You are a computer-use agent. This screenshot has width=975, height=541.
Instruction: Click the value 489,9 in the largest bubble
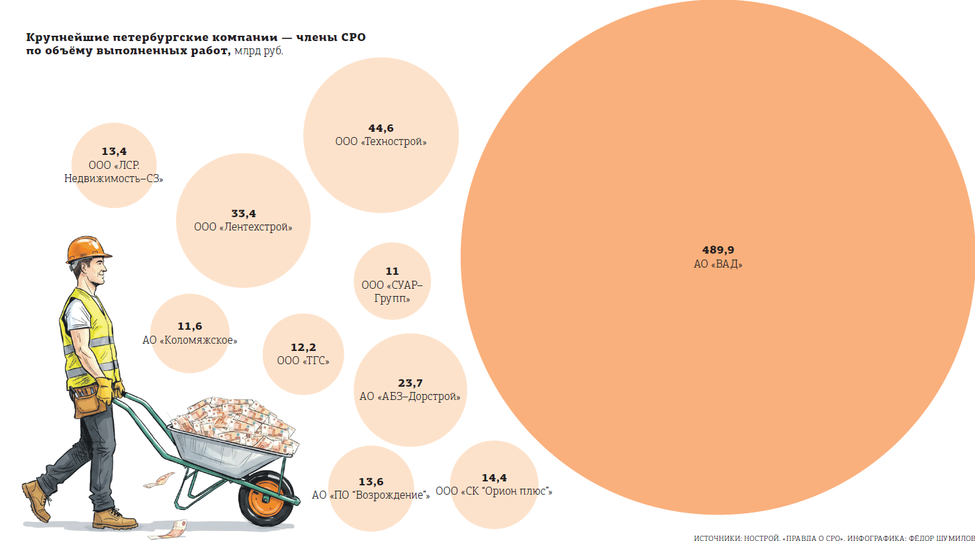[718, 250]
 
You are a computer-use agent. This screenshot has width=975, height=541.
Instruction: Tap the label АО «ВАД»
[718, 264]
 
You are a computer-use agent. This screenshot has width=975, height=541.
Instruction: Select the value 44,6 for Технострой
[381, 128]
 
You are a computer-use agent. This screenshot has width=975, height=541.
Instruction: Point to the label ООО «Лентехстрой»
[243, 227]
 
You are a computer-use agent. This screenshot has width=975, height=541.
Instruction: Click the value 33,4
[243, 214]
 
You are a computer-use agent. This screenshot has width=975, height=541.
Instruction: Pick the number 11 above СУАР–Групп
[392, 271]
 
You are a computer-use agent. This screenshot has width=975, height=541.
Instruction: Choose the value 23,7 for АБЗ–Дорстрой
[410, 383]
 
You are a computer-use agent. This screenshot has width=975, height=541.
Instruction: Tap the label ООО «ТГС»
[303, 361]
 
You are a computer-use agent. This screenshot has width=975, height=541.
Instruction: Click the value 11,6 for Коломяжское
[189, 326]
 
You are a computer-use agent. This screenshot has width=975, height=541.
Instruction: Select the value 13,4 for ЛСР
[114, 152]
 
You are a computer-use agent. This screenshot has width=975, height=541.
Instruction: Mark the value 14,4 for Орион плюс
[494, 478]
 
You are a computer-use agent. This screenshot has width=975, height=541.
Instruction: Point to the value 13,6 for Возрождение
[371, 482]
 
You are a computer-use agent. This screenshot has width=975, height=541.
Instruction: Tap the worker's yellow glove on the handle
[105, 391]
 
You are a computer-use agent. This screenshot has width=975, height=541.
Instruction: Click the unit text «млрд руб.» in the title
[258, 51]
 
